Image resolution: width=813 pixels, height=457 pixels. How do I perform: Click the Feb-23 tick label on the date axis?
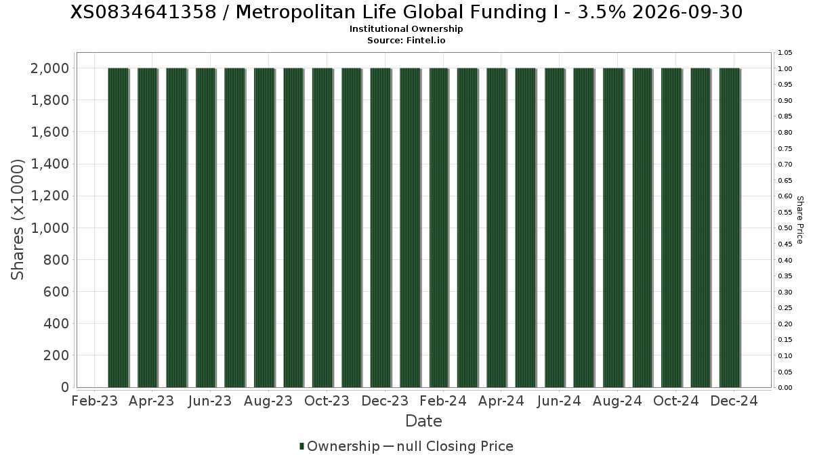pyautogui.click(x=95, y=401)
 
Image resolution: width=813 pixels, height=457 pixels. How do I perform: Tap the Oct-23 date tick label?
pyautogui.click(x=327, y=401)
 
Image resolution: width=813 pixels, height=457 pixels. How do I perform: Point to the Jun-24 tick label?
pyautogui.click(x=558, y=401)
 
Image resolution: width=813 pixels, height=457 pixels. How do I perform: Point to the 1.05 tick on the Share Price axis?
pyautogui.click(x=785, y=53)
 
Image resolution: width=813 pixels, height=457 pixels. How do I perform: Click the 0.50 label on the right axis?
pyautogui.click(x=785, y=228)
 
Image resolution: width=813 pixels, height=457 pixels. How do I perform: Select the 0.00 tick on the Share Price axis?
pyautogui.click(x=785, y=388)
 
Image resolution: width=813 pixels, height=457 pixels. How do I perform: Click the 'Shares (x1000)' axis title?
pyautogui.click(x=18, y=219)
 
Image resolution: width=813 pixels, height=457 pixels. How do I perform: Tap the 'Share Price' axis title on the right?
pyautogui.click(x=799, y=219)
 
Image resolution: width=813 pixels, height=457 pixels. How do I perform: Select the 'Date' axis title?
pyautogui.click(x=423, y=421)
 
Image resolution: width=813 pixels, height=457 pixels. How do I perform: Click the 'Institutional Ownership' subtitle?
pyautogui.click(x=406, y=29)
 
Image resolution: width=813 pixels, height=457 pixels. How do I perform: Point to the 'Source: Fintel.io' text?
pyautogui.click(x=406, y=40)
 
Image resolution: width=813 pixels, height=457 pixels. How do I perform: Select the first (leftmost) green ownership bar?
pyautogui.click(x=118, y=227)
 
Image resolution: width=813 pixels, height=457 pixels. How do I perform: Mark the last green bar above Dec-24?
pyautogui.click(x=730, y=227)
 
